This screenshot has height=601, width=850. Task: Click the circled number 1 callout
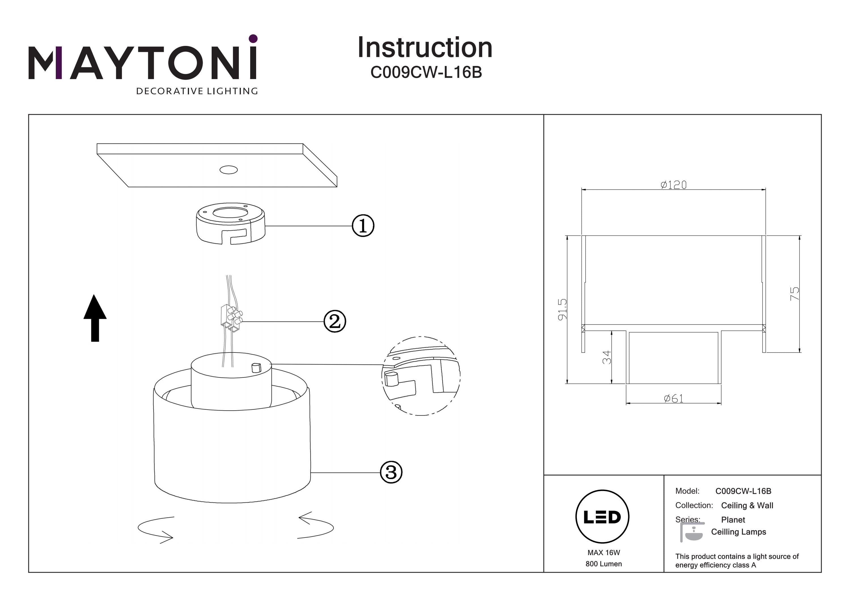coord(362,226)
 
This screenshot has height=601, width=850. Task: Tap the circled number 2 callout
coord(335,321)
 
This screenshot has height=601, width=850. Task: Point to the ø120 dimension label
coord(673,185)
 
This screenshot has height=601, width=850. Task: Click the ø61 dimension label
coord(673,398)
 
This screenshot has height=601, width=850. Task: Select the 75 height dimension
coord(794,294)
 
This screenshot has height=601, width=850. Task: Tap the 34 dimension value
coord(606,357)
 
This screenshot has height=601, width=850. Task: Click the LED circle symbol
coord(602,517)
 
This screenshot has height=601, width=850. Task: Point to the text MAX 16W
coord(603,553)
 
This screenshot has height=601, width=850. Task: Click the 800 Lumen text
coord(603,564)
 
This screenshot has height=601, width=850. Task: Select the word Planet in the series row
coord(733,519)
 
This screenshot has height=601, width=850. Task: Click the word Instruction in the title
coord(425,48)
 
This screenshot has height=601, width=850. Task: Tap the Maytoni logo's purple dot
coord(253,39)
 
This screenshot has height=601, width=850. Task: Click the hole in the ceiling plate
coord(228,170)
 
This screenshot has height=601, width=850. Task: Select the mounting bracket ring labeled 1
coord(230,223)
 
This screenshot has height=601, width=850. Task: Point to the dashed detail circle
coord(421,376)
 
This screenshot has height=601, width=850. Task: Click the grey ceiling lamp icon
coord(692,532)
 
